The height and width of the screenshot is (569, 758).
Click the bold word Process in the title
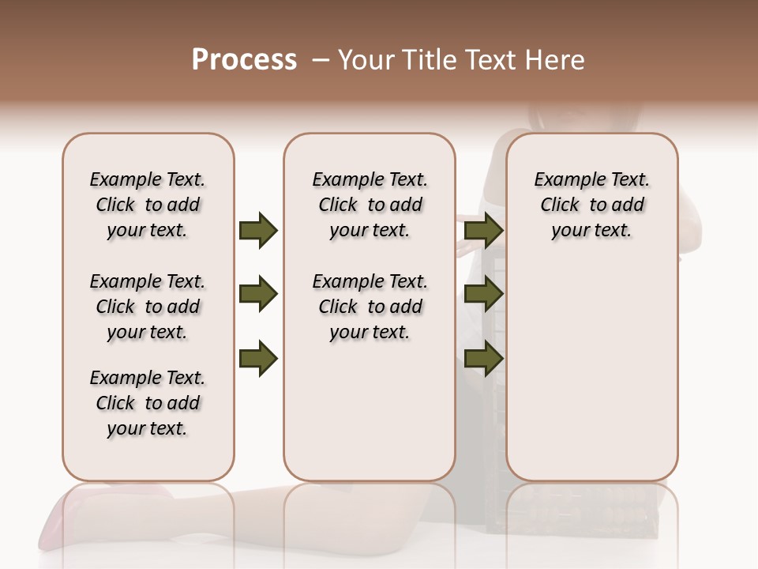click(x=244, y=60)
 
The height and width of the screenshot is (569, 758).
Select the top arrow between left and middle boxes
click(x=258, y=230)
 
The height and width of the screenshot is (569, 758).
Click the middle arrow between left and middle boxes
click(x=258, y=295)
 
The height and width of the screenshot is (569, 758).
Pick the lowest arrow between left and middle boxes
click(x=258, y=359)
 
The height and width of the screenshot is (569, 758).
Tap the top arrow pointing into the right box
click(x=483, y=230)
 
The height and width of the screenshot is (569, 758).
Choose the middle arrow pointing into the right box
click(x=483, y=295)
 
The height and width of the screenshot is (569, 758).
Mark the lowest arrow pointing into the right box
click(x=483, y=359)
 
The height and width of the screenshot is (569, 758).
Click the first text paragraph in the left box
click(x=148, y=205)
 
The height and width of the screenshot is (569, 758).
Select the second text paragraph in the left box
click(x=148, y=307)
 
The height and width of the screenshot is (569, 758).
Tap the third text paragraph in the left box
click(x=148, y=403)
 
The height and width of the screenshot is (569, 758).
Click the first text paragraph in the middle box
click(x=370, y=205)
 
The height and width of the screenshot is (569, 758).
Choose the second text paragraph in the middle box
click(x=370, y=307)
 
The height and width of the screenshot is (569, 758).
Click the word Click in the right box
click(x=560, y=205)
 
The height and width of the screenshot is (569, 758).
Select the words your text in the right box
click(x=591, y=231)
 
